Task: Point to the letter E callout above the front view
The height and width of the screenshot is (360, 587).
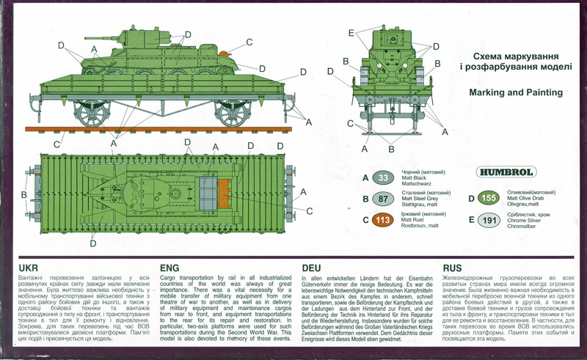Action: pos(352,32)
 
